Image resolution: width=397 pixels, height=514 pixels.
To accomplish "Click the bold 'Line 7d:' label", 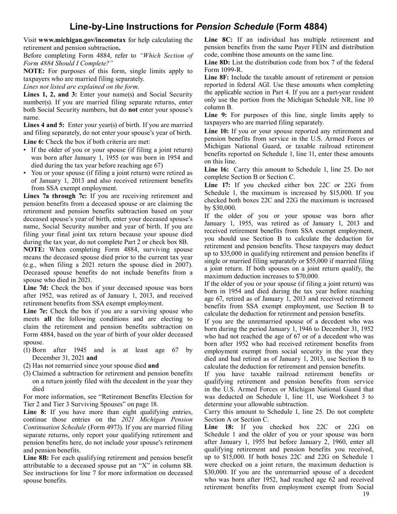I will point(36,288).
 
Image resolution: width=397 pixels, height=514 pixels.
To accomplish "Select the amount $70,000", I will point(305,276).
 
